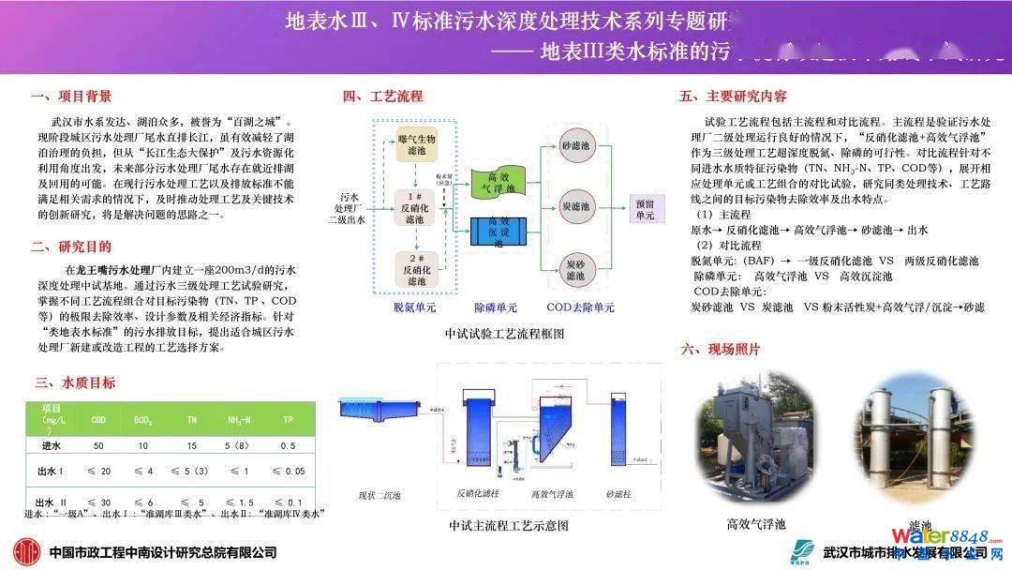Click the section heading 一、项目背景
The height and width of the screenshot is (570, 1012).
[x=71, y=97]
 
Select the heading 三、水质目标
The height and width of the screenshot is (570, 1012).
[x=75, y=382]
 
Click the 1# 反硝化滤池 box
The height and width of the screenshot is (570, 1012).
[x=416, y=203]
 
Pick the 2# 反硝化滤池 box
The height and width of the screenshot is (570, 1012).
[x=416, y=265]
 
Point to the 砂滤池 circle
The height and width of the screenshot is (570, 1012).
[x=575, y=147]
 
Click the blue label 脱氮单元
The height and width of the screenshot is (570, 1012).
[x=415, y=307]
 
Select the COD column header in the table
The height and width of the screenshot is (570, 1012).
[x=97, y=420]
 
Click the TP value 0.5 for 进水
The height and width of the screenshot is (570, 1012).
[x=287, y=446]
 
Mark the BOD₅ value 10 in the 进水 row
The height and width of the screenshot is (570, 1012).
[x=143, y=446]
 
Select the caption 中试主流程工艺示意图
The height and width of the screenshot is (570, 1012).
[x=509, y=526]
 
